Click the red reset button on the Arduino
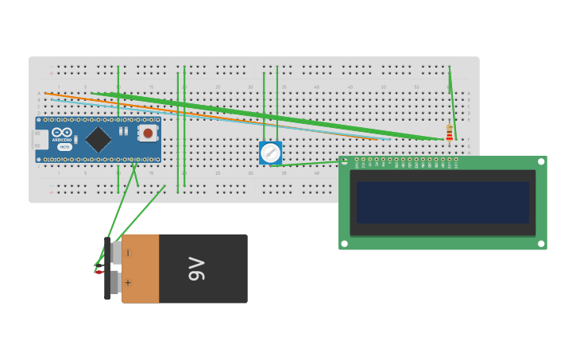pyautogui.click(x=148, y=133)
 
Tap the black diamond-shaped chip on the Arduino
pyautogui.click(x=99, y=139)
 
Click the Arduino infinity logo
pyautogui.click(x=62, y=132)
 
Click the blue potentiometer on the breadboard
pyautogui.click(x=270, y=153)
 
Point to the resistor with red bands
pyautogui.click(x=449, y=134)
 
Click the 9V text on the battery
pyautogui.click(x=196, y=269)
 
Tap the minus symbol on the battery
pyautogui.click(x=128, y=253)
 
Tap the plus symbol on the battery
pyautogui.click(x=128, y=282)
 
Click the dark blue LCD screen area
pyautogui.click(x=443, y=203)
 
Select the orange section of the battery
pyautogui.click(x=141, y=269)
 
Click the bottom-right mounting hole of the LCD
pyautogui.click(x=541, y=243)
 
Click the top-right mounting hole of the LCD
pyautogui.click(x=541, y=162)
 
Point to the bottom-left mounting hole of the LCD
pyautogui.click(x=345, y=243)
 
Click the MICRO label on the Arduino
pyautogui.click(x=64, y=147)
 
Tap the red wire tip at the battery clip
pyautogui.click(x=99, y=273)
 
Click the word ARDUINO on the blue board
pyautogui.click(x=62, y=140)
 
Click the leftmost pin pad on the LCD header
pyautogui.click(x=357, y=160)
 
